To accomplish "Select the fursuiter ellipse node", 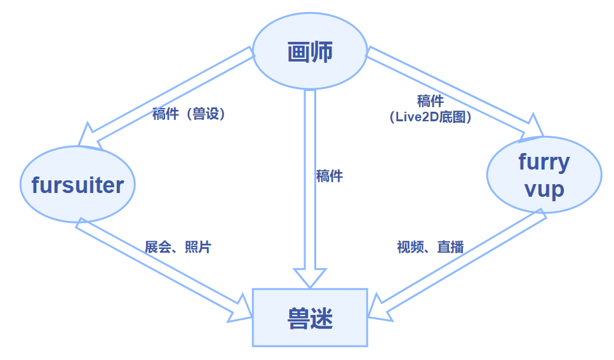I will (77, 185).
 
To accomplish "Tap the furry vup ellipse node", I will (544, 176).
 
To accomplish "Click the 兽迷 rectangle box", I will (310, 317).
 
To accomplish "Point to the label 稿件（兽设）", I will (189, 114).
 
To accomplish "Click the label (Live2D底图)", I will (430, 117).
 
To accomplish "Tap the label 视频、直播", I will (430, 247).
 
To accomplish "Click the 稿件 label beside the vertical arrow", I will (330, 176).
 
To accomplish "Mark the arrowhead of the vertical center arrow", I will (310, 278).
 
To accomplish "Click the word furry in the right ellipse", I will (544, 163).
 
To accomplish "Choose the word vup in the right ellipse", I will (544, 189).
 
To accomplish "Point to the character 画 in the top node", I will (298, 53).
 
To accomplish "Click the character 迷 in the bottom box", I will (322, 317).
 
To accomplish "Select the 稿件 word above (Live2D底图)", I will (430, 102).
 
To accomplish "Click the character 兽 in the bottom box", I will (298, 317).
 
